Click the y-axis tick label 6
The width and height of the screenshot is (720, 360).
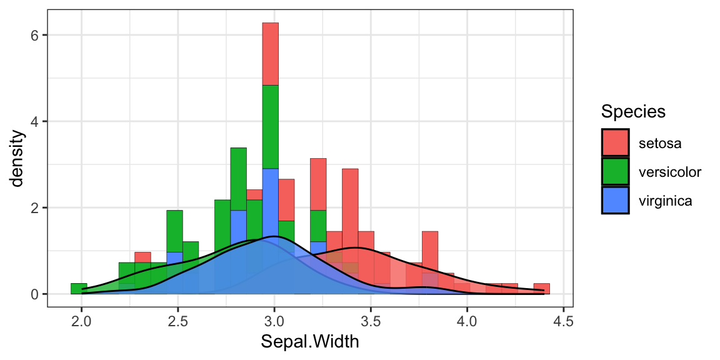pyautogui.click(x=35, y=35)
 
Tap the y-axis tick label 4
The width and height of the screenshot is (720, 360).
pyautogui.click(x=35, y=121)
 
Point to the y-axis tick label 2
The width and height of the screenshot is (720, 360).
pyautogui.click(x=35, y=207)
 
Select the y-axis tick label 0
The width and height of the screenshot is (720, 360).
pyautogui.click(x=35, y=294)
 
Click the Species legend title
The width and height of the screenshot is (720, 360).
pyautogui.click(x=632, y=112)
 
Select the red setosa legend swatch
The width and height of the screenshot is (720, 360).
pyautogui.click(x=616, y=142)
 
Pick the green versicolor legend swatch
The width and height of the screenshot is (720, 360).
pyautogui.click(x=616, y=171)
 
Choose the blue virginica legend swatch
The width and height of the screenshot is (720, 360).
pyautogui.click(x=616, y=200)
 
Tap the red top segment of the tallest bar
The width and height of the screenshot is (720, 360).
pyautogui.click(x=270, y=54)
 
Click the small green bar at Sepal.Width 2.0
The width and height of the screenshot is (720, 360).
pyautogui.click(x=79, y=289)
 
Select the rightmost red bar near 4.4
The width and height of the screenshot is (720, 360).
pyautogui.click(x=542, y=289)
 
